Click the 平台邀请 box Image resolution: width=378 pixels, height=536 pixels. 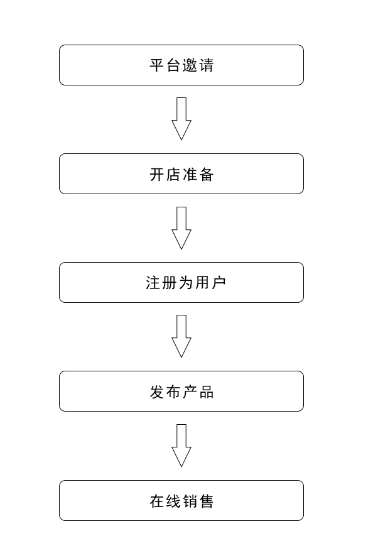click(181, 65)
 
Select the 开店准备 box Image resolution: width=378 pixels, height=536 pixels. click(181, 173)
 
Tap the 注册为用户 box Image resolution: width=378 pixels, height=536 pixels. click(181, 282)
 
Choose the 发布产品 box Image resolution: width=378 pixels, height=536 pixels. click(181, 391)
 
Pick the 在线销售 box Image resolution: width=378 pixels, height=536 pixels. click(181, 500)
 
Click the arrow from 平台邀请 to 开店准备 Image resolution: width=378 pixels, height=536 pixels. click(181, 119)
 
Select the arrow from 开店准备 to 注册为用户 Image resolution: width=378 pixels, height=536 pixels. click(181, 228)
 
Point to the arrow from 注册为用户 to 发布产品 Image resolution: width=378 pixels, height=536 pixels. click(181, 336)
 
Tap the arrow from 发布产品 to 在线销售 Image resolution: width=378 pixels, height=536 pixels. click(181, 446)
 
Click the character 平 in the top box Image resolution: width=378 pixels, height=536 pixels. click(156, 65)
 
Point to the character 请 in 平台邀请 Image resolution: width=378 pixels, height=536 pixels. click(206, 65)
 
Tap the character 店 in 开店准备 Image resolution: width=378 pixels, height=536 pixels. click(173, 174)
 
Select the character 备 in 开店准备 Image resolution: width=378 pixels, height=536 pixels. click(206, 174)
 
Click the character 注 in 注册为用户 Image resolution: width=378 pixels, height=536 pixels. click(153, 283)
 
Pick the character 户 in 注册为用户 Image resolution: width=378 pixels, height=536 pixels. click(219, 283)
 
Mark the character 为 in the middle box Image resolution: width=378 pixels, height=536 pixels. click(185, 283)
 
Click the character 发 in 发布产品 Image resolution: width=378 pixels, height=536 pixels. click(156, 391)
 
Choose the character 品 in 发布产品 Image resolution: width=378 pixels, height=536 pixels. click(206, 391)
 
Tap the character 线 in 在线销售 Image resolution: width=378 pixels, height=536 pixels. click(173, 501)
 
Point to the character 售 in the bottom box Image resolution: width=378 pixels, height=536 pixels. click(206, 501)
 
